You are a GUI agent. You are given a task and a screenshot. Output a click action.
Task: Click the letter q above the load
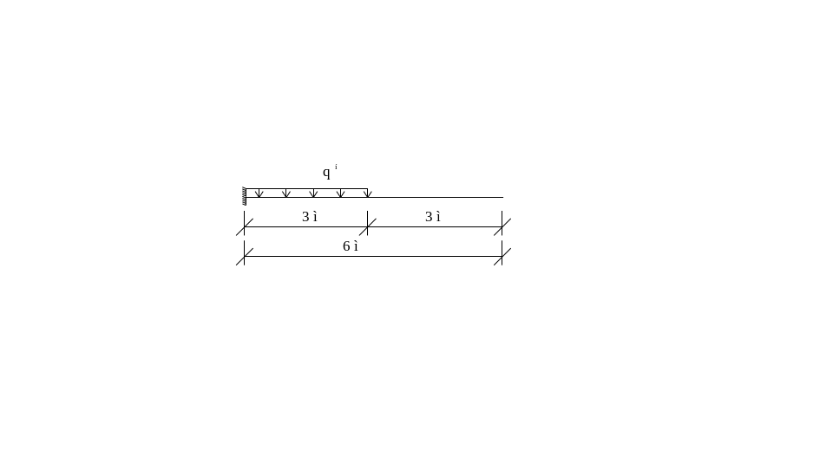pos(326,174)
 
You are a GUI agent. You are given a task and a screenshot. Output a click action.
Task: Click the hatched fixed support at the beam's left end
pos(245,196)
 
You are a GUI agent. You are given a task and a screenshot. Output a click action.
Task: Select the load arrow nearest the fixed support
pos(259,193)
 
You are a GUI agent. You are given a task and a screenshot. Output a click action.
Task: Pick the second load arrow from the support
pos(285,193)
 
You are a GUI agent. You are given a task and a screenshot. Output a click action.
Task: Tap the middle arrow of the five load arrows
pos(313,193)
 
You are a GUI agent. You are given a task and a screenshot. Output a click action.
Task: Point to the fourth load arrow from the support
pos(340,193)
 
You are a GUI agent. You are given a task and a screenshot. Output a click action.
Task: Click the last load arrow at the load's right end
pos(367,193)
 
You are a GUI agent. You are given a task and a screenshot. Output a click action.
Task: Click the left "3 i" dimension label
pos(310,217)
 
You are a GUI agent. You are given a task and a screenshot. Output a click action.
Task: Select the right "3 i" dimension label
pos(433,217)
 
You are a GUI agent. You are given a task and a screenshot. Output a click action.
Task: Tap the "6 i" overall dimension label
pos(351,246)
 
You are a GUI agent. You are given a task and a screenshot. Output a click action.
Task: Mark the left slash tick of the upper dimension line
pos(244,227)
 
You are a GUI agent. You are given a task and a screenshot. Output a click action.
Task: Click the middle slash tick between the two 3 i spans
pos(367,227)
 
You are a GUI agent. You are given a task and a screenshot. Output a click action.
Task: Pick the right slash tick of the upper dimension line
pos(502,227)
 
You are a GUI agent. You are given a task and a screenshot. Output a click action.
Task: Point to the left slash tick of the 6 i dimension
pos(244,256)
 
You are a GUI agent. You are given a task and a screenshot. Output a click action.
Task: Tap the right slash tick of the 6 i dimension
pos(502,256)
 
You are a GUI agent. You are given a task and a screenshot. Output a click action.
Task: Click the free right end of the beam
pos(502,198)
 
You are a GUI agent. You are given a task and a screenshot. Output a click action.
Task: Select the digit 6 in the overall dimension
pos(346,246)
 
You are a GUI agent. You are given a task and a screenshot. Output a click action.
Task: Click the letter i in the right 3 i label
pos(439,217)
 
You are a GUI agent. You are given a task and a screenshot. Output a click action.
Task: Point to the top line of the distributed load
pos(312,189)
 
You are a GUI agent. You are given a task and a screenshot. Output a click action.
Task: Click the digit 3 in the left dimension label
pos(305,217)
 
